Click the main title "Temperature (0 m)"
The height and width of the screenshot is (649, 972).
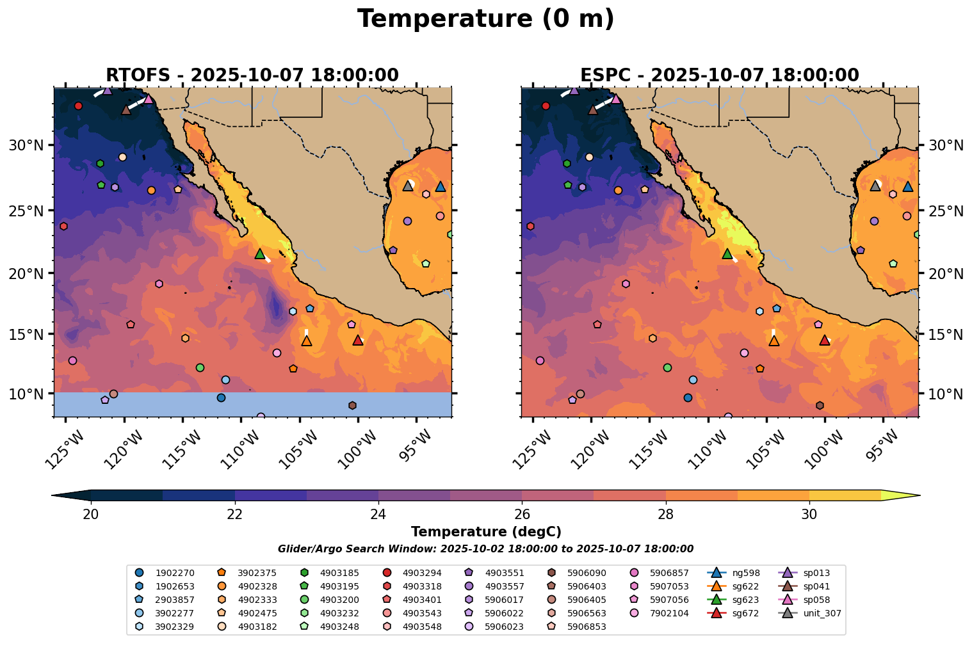click(485, 19)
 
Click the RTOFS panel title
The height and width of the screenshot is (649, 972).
click(252, 76)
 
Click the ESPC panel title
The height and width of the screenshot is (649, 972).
click(719, 76)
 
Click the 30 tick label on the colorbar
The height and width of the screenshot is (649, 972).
click(809, 515)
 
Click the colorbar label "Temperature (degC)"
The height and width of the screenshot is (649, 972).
click(485, 532)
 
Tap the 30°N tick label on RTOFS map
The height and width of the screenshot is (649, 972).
click(26, 146)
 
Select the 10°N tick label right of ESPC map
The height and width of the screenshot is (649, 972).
click(946, 394)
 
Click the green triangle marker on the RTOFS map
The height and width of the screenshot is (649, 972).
click(259, 254)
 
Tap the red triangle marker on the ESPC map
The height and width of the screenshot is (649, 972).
click(824, 341)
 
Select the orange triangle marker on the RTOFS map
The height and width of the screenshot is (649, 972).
click(307, 341)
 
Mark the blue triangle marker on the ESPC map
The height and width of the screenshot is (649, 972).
click(907, 187)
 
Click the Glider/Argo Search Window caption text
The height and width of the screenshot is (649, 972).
click(485, 549)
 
